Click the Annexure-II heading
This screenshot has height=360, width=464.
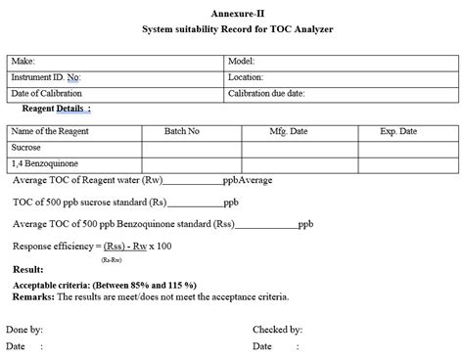point(231,12)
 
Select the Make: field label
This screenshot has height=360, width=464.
point(23,61)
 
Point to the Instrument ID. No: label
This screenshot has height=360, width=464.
point(46,76)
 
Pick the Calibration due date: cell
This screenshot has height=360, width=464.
point(266,93)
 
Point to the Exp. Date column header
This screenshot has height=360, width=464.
point(398,131)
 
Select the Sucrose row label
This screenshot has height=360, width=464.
point(26,147)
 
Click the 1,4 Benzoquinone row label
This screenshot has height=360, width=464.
point(44,163)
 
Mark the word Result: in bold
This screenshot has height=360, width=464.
point(27,269)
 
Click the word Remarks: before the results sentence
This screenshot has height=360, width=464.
point(33,294)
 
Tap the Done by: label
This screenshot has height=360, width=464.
point(24,330)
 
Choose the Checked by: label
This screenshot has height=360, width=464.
point(276,330)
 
